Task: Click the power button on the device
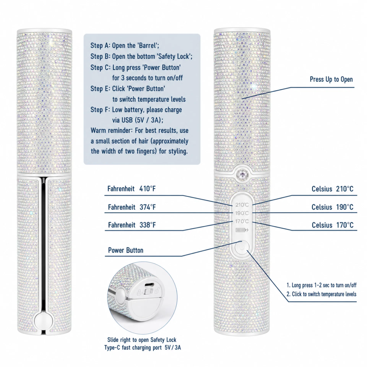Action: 242,247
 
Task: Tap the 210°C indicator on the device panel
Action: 242,205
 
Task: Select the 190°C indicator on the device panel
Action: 242,213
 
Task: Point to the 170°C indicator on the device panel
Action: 242,221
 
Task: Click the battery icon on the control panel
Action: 242,230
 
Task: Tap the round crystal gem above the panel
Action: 242,174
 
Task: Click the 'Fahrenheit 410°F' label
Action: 132,189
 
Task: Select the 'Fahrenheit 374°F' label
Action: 132,207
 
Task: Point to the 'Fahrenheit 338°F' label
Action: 132,225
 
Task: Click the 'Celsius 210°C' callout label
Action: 332,189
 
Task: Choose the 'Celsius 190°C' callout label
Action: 332,207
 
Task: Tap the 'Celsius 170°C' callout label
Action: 333,225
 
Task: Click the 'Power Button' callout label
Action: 126,250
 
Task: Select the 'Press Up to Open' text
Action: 331,79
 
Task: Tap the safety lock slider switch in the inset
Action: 149,292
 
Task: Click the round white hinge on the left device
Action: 43,321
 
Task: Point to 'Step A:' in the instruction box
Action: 100,46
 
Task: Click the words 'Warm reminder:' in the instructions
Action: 112,130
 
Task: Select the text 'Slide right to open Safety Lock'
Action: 142,340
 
